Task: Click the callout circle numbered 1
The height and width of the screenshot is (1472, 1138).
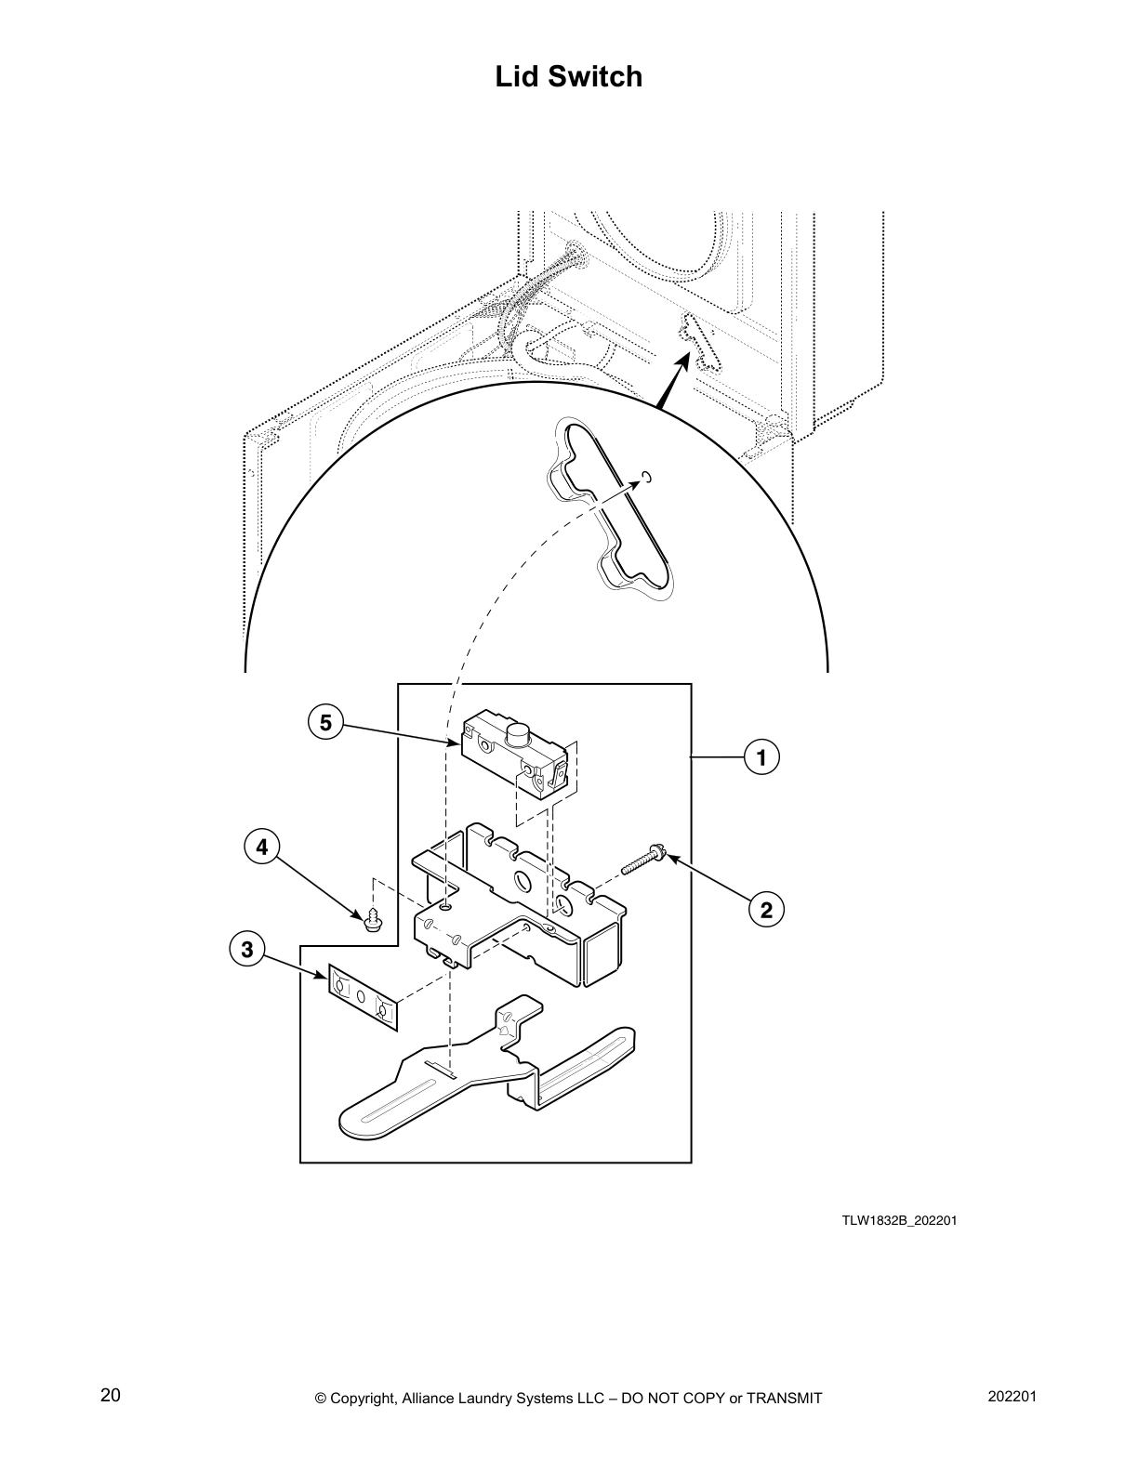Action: tap(761, 757)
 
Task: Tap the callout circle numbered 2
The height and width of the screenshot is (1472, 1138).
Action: tap(766, 910)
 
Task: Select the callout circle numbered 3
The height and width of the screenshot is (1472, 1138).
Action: tap(246, 950)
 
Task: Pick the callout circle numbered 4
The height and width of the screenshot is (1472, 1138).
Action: tap(261, 848)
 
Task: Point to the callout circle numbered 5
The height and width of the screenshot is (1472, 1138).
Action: tap(325, 722)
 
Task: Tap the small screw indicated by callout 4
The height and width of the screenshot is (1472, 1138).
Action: tap(372, 920)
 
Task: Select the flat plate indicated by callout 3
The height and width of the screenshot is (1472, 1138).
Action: tap(363, 999)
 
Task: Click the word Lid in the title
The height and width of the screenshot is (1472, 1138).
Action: tap(517, 76)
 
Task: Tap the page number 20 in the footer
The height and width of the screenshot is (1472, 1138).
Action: tap(110, 1395)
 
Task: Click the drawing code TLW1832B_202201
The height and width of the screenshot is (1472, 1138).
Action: tap(899, 1220)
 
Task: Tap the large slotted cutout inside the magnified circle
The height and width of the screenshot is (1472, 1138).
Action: tap(609, 506)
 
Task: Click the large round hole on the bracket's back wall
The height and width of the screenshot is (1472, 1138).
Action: tap(522, 879)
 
